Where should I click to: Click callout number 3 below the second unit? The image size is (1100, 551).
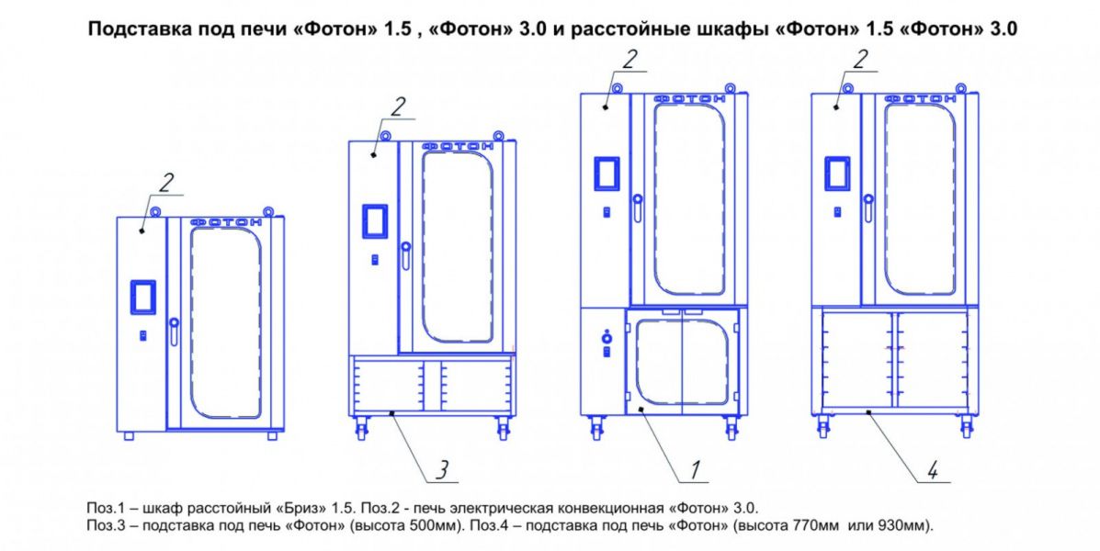pyautogui.click(x=442, y=470)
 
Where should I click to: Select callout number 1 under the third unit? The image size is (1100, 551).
pyautogui.click(x=694, y=470)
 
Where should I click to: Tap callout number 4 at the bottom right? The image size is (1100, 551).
pyautogui.click(x=933, y=470)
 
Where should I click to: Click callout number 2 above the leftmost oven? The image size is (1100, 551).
pyautogui.click(x=165, y=182)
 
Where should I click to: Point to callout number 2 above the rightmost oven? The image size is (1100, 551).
pyautogui.click(x=859, y=59)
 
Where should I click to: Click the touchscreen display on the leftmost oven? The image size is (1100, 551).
pyautogui.click(x=143, y=297)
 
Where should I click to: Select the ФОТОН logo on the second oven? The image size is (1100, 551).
pyautogui.click(x=458, y=146)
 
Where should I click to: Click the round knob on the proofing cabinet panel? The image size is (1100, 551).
pyautogui.click(x=607, y=339)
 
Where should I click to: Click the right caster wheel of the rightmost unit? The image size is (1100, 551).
pyautogui.click(x=967, y=426)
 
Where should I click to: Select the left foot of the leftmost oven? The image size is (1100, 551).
pyautogui.click(x=129, y=436)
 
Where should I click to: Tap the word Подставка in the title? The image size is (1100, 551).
pyautogui.click(x=129, y=30)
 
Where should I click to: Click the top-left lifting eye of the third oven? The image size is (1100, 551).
pyautogui.click(x=617, y=87)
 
